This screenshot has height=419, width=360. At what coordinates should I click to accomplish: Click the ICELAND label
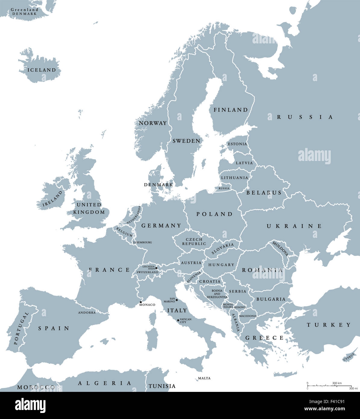click(42, 70)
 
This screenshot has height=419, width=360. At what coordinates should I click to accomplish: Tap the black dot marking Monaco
click(141, 302)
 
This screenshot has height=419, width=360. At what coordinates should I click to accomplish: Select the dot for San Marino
click(177, 300)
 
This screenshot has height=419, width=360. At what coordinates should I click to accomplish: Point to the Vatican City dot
click(178, 320)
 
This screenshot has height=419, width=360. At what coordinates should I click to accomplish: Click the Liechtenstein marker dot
click(156, 268)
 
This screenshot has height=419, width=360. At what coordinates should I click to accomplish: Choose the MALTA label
click(204, 378)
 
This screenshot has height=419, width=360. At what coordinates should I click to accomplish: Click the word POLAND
click(214, 214)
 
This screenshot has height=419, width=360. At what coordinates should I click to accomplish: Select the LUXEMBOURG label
click(142, 242)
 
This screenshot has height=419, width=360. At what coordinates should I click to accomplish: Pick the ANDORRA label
click(87, 313)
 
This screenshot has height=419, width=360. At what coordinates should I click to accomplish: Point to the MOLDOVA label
click(280, 248)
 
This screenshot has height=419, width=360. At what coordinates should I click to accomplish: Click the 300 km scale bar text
click(337, 383)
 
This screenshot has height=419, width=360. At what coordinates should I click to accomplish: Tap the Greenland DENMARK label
click(24, 12)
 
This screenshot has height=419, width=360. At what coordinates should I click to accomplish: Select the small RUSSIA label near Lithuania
click(224, 188)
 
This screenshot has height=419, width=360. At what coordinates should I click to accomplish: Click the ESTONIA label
click(237, 144)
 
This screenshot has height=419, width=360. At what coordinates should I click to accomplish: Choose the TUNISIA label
click(162, 386)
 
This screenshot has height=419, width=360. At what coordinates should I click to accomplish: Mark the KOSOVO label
click(240, 307)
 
